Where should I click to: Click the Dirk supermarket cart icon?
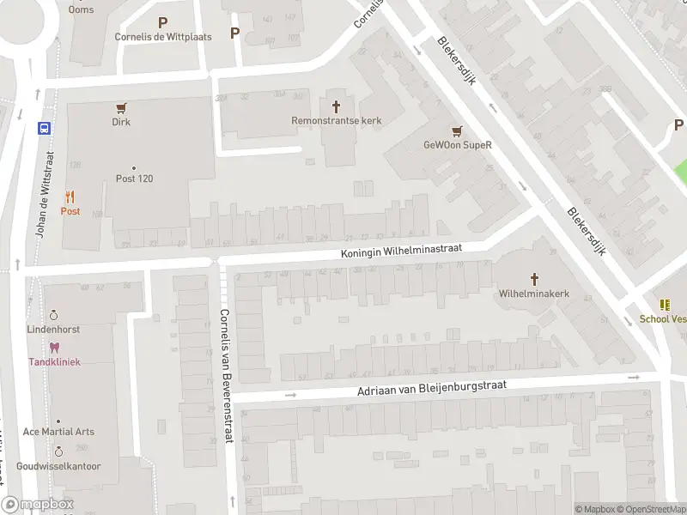(x=121, y=108)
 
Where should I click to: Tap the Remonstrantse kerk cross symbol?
(x=336, y=106)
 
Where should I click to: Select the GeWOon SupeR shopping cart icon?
(x=458, y=130)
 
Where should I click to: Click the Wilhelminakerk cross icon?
(x=534, y=279)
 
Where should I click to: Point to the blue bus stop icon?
(x=44, y=128)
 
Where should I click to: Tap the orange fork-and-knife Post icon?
(x=70, y=197)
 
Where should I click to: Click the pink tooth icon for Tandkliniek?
(x=55, y=348)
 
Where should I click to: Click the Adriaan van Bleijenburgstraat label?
(x=432, y=390)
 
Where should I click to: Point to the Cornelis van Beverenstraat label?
(x=227, y=375)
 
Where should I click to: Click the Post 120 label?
(x=134, y=179)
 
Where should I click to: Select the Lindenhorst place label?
(x=53, y=330)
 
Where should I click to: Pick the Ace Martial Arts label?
(x=58, y=432)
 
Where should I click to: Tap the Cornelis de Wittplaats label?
(x=163, y=37)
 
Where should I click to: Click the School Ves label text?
(x=662, y=318)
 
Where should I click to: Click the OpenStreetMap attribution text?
(x=655, y=509)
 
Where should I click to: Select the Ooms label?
(x=82, y=9)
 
